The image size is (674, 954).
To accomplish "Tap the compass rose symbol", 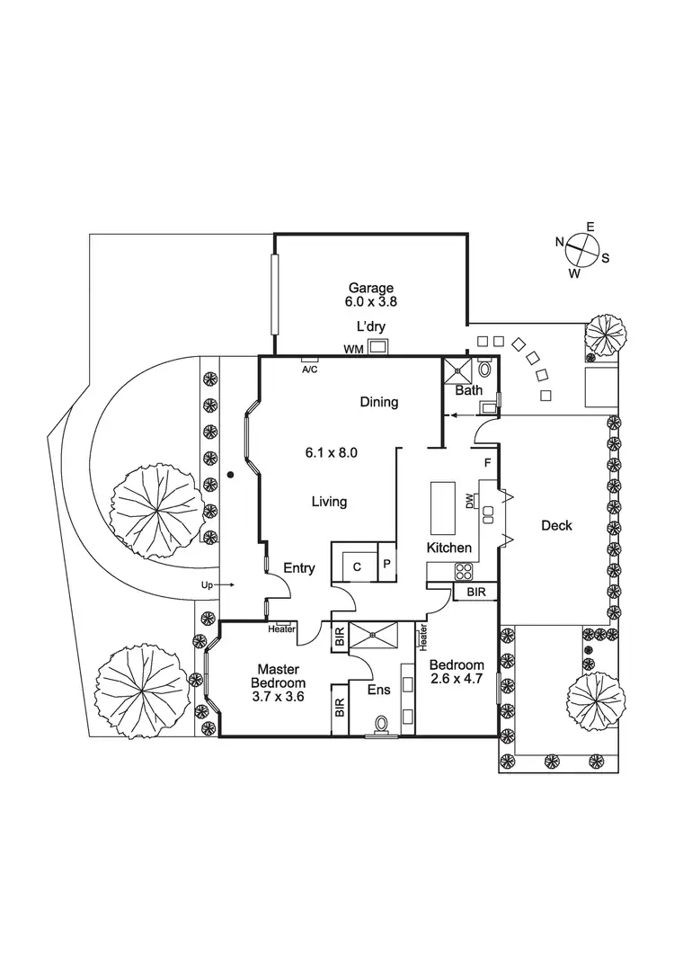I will [x=581, y=248].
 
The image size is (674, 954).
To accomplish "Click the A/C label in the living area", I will [x=309, y=369].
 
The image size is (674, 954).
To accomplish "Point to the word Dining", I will [x=378, y=402].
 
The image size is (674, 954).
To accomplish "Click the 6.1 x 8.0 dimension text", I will [x=332, y=452].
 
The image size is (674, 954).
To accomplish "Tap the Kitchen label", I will [x=448, y=548].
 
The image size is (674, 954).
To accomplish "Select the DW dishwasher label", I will [x=469, y=501].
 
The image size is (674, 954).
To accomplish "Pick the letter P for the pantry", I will [x=386, y=564].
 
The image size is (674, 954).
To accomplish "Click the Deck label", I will [x=556, y=525].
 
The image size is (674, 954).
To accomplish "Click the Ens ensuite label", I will [x=377, y=690].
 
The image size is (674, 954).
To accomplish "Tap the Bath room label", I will [x=468, y=390].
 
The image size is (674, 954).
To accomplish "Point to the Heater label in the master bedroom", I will [x=280, y=629].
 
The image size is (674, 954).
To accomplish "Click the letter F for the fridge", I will [x=486, y=464].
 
